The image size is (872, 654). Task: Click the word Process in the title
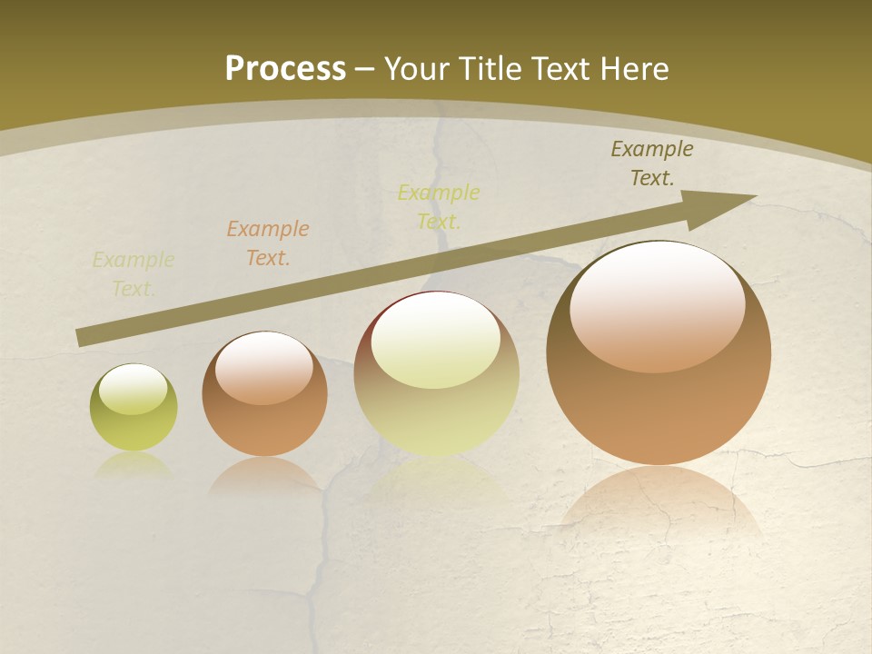coord(285,68)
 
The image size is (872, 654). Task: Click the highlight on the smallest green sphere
coord(133,389)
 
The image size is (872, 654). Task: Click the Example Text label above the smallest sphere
coord(134,273)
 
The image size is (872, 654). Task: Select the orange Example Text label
coord(268,243)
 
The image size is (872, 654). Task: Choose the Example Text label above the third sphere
coord(439,206)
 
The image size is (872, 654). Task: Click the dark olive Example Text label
coord(652,163)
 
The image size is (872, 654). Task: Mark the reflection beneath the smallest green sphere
coord(134,465)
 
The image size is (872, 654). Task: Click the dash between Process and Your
coord(365,68)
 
